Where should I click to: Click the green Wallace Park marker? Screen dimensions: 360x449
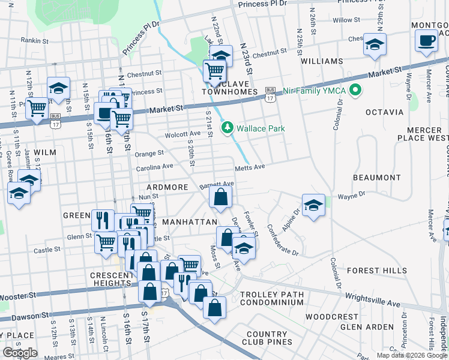tap(228, 128)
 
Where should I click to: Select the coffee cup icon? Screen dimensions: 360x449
tap(426, 41)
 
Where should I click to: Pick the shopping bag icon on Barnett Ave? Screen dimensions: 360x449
tap(221, 196)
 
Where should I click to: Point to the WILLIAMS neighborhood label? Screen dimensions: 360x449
tap(322, 61)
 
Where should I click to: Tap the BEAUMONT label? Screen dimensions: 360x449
tap(376, 178)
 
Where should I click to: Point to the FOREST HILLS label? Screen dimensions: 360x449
tap(384, 271)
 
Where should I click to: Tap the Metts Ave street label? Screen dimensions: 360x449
tap(250, 167)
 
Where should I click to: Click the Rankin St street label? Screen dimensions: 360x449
tap(34, 41)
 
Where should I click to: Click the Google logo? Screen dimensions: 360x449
tap(20, 352)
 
